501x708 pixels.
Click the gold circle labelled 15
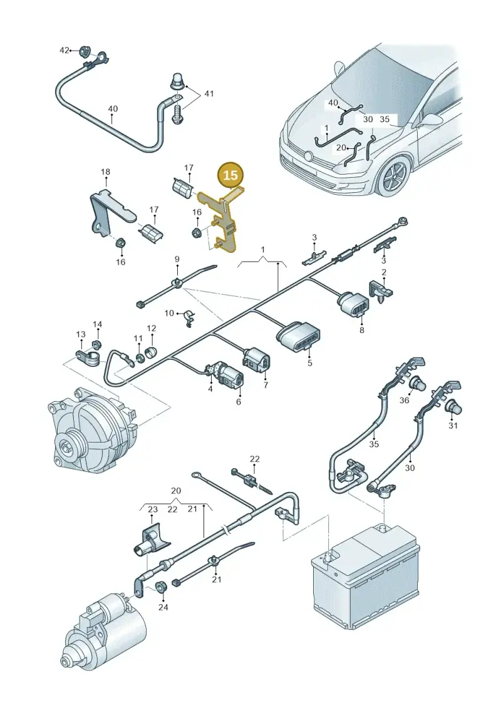tap(230, 175)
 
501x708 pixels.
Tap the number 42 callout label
tap(65, 50)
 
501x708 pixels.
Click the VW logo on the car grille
tap(308, 156)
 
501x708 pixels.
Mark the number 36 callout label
tap(405, 400)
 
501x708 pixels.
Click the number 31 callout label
tap(453, 425)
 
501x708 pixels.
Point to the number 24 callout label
tap(163, 607)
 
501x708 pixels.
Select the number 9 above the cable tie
tap(177, 259)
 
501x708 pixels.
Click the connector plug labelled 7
tap(256, 361)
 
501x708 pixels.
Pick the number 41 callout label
tap(209, 93)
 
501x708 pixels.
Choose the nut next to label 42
tap(83, 51)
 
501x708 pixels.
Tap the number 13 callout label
tap(80, 334)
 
